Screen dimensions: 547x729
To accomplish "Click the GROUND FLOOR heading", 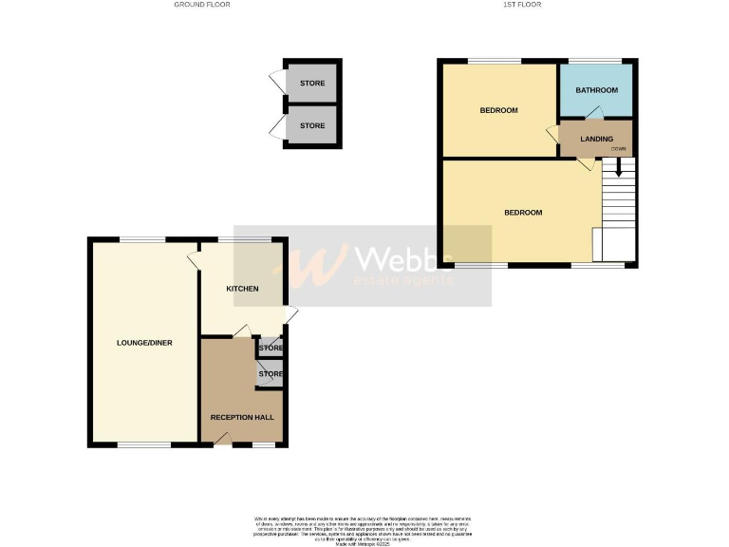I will (x=201, y=5).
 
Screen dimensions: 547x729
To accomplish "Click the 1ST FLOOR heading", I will (x=522, y=5).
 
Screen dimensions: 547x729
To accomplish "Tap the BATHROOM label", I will (x=597, y=90).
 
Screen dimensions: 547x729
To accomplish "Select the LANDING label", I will (x=596, y=139).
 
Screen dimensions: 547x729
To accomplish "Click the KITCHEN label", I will (x=242, y=288).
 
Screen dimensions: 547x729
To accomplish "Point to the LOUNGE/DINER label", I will (x=144, y=342).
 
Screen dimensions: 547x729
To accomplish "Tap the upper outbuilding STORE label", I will (x=312, y=84).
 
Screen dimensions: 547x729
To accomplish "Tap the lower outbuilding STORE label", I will (x=312, y=125).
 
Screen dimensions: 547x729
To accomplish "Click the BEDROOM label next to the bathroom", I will (x=498, y=110).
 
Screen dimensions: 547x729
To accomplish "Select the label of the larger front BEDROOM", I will (x=523, y=212).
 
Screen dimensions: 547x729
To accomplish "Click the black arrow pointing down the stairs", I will (x=619, y=167).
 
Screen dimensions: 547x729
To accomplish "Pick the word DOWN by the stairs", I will (x=618, y=149).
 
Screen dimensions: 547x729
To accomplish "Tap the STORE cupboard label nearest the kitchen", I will (x=271, y=348).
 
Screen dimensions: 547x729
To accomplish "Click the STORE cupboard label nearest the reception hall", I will (x=271, y=374).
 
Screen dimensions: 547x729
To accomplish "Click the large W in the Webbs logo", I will (x=314, y=266).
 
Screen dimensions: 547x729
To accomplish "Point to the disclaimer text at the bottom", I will (x=364, y=529).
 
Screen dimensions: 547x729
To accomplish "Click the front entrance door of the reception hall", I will (x=222, y=437).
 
